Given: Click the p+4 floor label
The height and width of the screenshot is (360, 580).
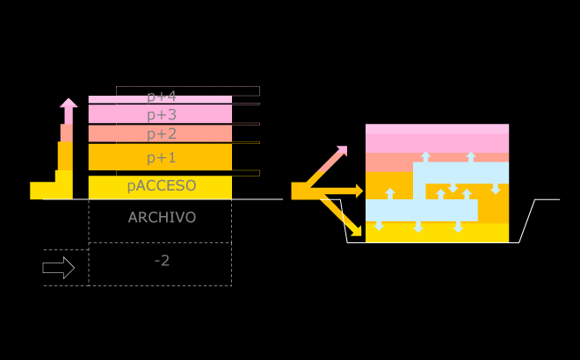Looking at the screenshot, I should (162, 97).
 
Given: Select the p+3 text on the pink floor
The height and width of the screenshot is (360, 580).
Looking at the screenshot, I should (162, 114).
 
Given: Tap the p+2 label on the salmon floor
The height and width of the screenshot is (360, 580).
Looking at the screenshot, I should (162, 133).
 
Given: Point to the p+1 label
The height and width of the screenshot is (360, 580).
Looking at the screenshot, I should (162, 158).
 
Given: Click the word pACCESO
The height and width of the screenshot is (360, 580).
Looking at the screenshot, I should (162, 186).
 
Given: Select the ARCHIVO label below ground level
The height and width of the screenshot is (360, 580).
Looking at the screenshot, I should (162, 217).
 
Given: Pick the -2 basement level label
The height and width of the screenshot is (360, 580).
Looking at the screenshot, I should (162, 260).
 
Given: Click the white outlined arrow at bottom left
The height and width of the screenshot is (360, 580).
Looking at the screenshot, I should (58, 268).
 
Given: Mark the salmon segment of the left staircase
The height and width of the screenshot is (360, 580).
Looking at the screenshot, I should (66, 133).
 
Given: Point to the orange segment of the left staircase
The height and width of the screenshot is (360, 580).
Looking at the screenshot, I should (65, 156).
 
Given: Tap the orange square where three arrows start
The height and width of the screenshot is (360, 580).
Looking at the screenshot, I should (300, 191).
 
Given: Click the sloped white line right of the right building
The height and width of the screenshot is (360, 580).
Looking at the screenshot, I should (527, 221).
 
